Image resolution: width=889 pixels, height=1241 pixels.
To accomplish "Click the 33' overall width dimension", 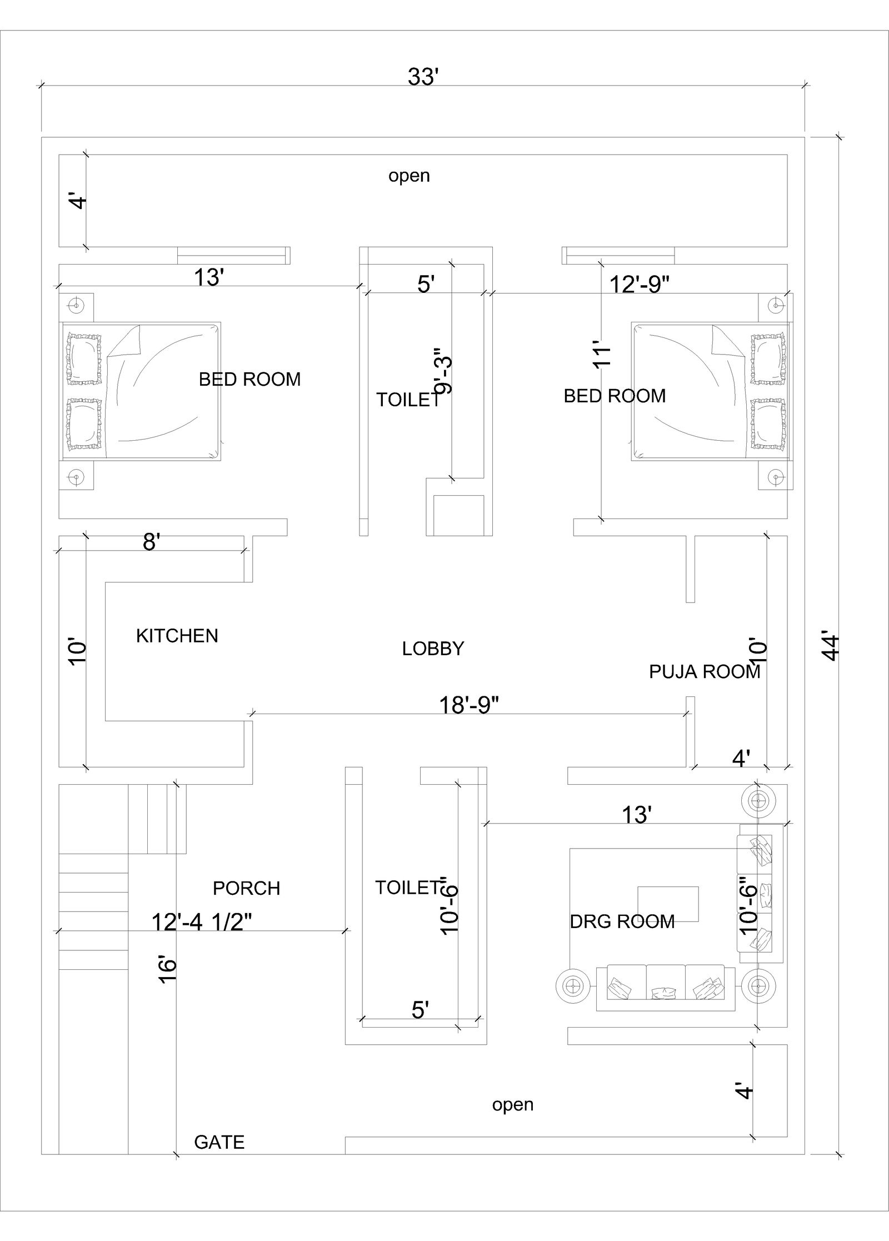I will click(x=423, y=77).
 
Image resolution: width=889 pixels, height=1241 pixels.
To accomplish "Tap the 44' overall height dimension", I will click(x=830, y=645).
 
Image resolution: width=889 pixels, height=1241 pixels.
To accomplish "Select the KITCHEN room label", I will click(x=177, y=635).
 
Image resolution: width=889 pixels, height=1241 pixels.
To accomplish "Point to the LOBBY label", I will click(x=433, y=649).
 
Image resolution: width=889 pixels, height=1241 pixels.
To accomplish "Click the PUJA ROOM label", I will click(x=704, y=671).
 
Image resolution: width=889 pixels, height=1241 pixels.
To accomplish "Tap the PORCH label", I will click(x=246, y=888).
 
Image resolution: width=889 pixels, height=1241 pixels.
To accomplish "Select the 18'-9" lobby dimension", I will click(x=469, y=705).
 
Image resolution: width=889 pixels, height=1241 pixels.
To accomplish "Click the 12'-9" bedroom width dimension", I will click(x=639, y=284).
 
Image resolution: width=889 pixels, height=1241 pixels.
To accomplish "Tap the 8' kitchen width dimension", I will click(x=151, y=542).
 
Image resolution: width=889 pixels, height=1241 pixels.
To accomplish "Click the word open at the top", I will click(x=409, y=176).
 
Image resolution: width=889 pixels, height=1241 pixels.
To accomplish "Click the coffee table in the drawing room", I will click(x=667, y=904).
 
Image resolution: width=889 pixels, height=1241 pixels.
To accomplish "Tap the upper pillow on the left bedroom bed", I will click(x=84, y=358).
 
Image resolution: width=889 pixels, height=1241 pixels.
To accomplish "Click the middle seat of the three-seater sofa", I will click(x=665, y=988).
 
